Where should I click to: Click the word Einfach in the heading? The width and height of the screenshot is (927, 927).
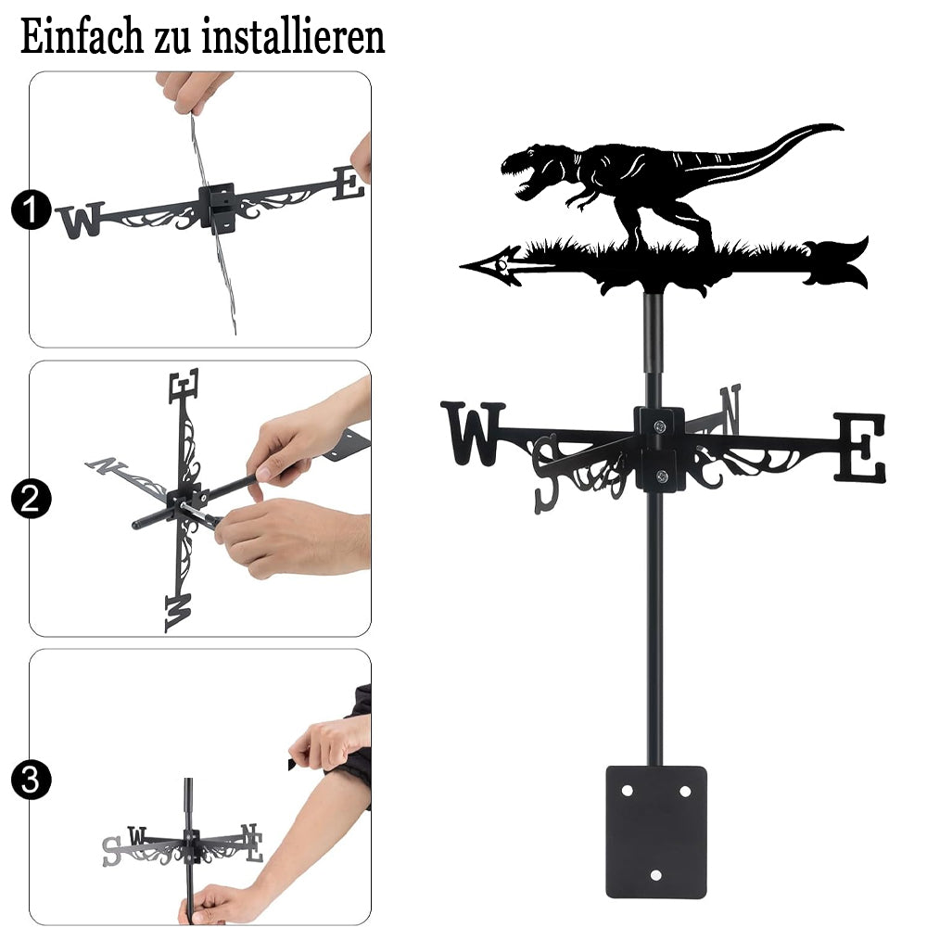82,37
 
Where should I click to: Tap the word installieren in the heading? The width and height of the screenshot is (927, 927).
293,37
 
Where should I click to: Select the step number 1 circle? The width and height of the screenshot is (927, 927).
31,210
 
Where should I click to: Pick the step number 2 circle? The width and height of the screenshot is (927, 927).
31,499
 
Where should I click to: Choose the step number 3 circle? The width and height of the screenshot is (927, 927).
31,781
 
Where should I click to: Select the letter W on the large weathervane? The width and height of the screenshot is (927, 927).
473,433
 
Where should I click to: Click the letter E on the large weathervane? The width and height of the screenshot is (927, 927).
860,447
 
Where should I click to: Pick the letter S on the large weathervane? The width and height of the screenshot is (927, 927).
547,473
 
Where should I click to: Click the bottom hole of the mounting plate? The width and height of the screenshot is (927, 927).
656,875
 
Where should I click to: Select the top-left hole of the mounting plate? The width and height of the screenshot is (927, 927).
628,791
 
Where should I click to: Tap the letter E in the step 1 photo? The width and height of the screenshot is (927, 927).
349,184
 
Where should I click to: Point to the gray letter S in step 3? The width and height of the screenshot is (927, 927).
112,852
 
